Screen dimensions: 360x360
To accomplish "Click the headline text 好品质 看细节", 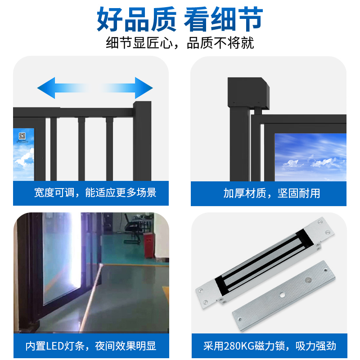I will (x=180, y=19).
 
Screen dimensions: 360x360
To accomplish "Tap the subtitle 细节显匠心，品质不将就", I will (x=180, y=43).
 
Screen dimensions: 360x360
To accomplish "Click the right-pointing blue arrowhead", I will (x=144, y=88).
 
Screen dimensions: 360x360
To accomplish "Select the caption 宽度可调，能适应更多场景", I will (x=95, y=193).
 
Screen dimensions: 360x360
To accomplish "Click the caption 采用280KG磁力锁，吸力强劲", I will (x=270, y=346).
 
